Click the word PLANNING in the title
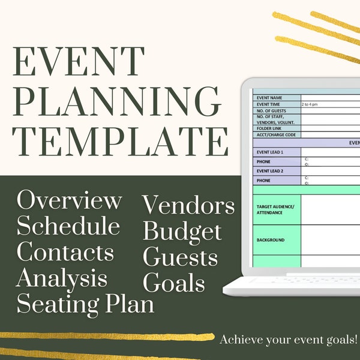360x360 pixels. [116, 103]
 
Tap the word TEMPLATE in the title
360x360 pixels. [120, 142]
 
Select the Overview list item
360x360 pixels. [70, 200]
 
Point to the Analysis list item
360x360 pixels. [62, 278]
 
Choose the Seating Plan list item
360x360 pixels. [85, 304]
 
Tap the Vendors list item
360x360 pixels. [188, 206]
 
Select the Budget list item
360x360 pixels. [182, 231]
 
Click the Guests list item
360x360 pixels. [180, 257]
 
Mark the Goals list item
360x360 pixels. [174, 283]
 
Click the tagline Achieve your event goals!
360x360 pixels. [289, 340]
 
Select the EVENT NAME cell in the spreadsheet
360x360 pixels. [276, 97]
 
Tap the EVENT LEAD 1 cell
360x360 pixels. [276, 152]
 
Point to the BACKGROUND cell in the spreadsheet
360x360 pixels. [276, 240]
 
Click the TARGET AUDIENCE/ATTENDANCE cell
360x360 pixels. [276, 209]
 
